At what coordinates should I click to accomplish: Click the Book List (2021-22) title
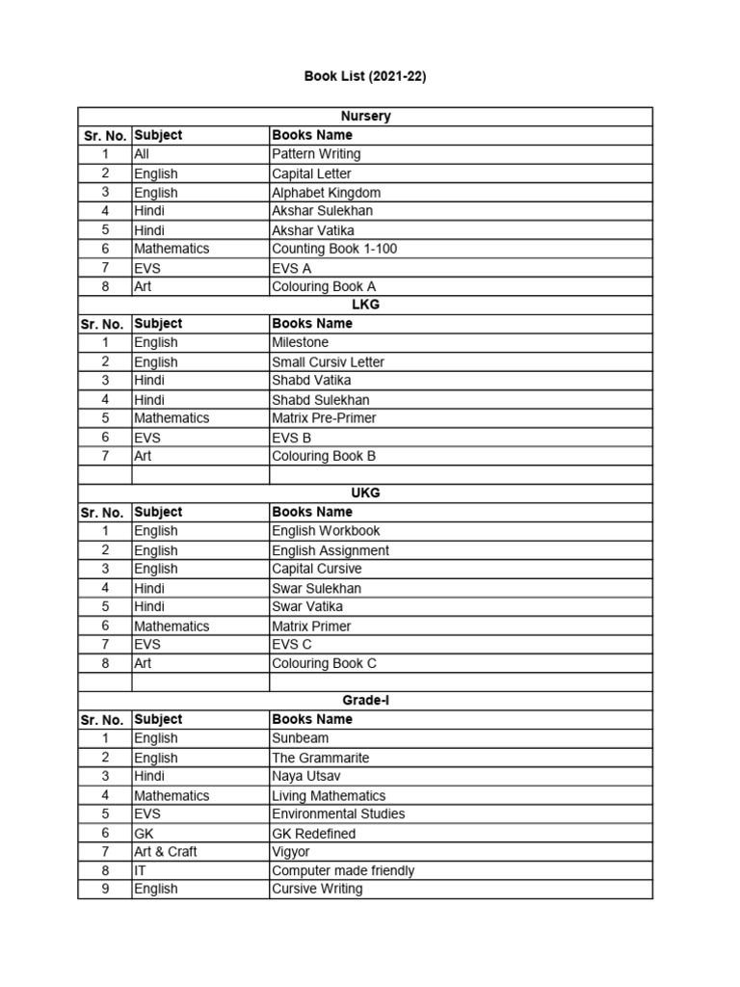coord(365,76)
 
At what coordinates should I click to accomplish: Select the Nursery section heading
coord(365,117)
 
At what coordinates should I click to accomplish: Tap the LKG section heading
coord(365,305)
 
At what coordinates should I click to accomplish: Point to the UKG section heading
coord(365,493)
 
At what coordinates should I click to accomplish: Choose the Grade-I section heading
coord(365,701)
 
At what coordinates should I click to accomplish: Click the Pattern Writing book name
coord(316,154)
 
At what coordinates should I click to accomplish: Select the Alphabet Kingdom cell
coord(326,192)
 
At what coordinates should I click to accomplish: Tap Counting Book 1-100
coord(334,249)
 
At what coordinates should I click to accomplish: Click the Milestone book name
coord(300,342)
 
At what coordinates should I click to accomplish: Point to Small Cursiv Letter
coord(328,361)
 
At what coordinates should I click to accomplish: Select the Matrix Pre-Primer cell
coord(324,418)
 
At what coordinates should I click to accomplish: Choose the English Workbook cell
coord(326,531)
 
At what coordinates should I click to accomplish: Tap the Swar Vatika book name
coord(306,606)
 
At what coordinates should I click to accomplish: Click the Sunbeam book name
coord(300,738)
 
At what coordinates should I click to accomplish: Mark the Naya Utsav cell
coord(305,776)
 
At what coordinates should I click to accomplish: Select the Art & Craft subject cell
coord(166,851)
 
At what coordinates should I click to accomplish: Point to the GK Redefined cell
coord(313,833)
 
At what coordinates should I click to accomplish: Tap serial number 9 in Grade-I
coord(105,889)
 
